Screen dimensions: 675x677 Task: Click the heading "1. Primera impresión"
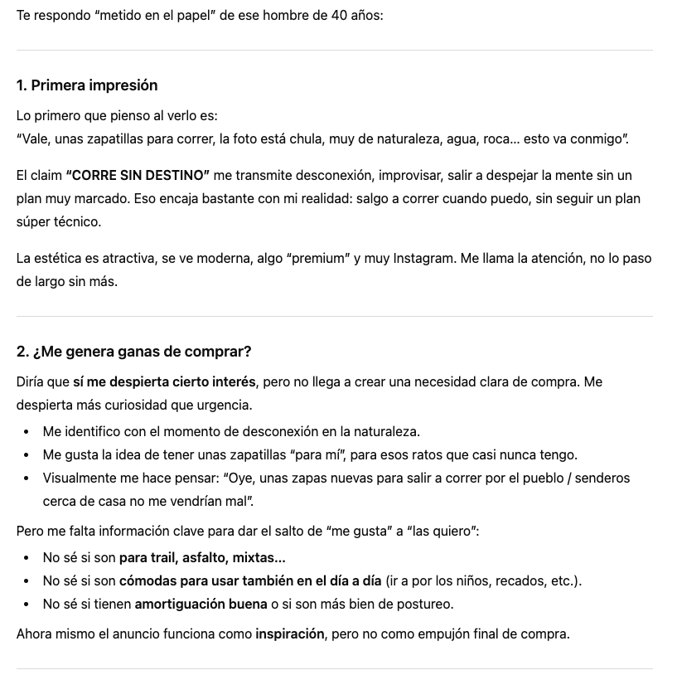(x=87, y=85)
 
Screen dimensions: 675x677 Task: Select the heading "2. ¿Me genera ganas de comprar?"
(x=133, y=352)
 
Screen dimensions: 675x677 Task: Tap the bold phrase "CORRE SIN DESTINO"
(x=137, y=176)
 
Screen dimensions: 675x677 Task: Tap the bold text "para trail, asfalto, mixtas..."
(x=202, y=557)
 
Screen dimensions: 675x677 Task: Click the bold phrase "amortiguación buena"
(x=201, y=604)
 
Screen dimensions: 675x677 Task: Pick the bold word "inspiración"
(x=289, y=634)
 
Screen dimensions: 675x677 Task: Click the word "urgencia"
(x=224, y=405)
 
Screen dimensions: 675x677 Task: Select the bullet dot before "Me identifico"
(x=27, y=432)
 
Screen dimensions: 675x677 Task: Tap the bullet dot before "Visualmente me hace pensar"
(x=27, y=478)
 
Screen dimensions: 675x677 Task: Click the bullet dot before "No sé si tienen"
(x=27, y=605)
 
